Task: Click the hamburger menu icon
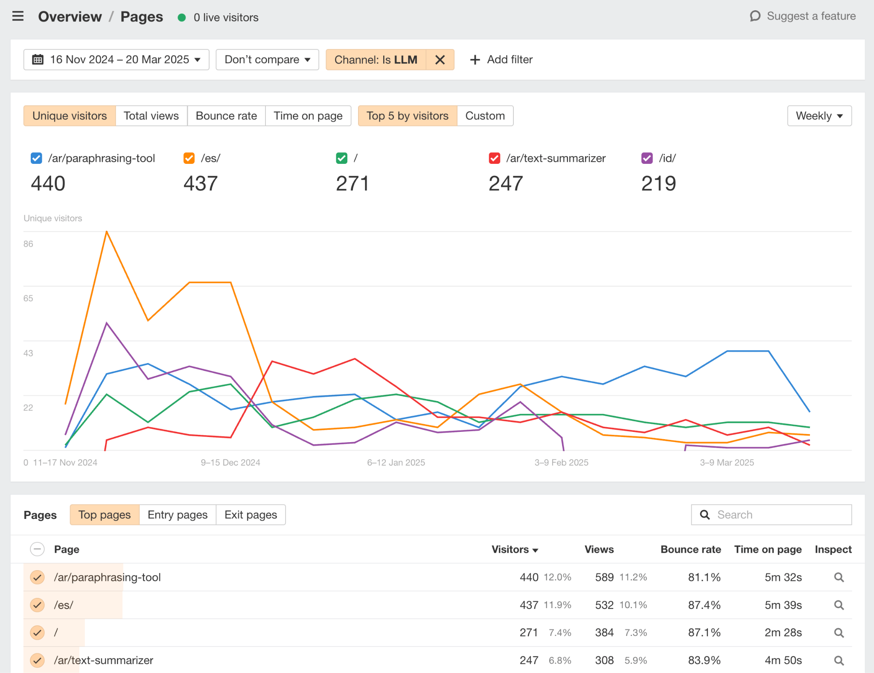click(x=18, y=17)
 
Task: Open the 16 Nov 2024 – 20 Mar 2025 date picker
click(x=116, y=60)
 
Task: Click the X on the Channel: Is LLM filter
click(x=440, y=60)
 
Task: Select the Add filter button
click(x=501, y=60)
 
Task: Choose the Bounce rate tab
click(x=226, y=116)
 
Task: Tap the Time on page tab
click(x=308, y=116)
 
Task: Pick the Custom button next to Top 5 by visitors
click(x=485, y=116)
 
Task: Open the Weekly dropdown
click(x=819, y=116)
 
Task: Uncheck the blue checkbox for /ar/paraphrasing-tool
click(x=36, y=158)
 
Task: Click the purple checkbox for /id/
click(x=647, y=158)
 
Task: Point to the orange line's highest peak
click(x=107, y=232)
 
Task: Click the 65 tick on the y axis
click(x=28, y=298)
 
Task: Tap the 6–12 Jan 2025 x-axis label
click(x=396, y=463)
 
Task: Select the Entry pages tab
click(x=178, y=515)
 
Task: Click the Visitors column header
click(x=514, y=550)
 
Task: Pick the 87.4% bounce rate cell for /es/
click(x=704, y=605)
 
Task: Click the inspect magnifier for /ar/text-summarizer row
click(x=839, y=661)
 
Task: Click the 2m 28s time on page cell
click(x=783, y=633)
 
